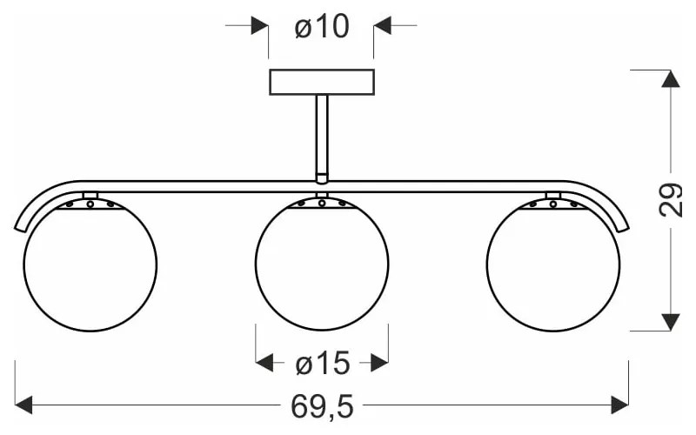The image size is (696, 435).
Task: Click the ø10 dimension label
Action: pyautogui.click(x=322, y=26)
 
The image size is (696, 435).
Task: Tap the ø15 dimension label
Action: pyautogui.click(x=323, y=364)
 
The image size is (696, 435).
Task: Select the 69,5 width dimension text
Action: pyautogui.click(x=322, y=406)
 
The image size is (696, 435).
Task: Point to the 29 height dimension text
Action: pyautogui.click(x=670, y=200)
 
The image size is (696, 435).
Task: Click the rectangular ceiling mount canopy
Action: pyautogui.click(x=322, y=82)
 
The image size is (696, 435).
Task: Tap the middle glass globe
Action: pyautogui.click(x=322, y=264)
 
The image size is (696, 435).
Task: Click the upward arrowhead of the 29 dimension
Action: pyautogui.click(x=670, y=78)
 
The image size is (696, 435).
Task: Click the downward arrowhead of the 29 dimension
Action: pyautogui.click(x=670, y=322)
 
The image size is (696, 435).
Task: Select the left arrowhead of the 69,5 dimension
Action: pyautogui.click(x=23, y=405)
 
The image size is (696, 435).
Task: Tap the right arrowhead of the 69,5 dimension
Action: pyautogui.click(x=620, y=405)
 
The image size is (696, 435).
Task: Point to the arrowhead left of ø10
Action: pyautogui.click(x=259, y=25)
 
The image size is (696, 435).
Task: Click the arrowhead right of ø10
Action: pyautogui.click(x=382, y=25)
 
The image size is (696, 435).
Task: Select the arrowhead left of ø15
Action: pyautogui.click(x=264, y=363)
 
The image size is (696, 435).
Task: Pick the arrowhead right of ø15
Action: pyautogui.click(x=379, y=363)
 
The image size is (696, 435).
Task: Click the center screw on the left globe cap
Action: pyautogui.click(x=90, y=204)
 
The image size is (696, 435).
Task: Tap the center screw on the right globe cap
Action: pyautogui.click(x=553, y=204)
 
